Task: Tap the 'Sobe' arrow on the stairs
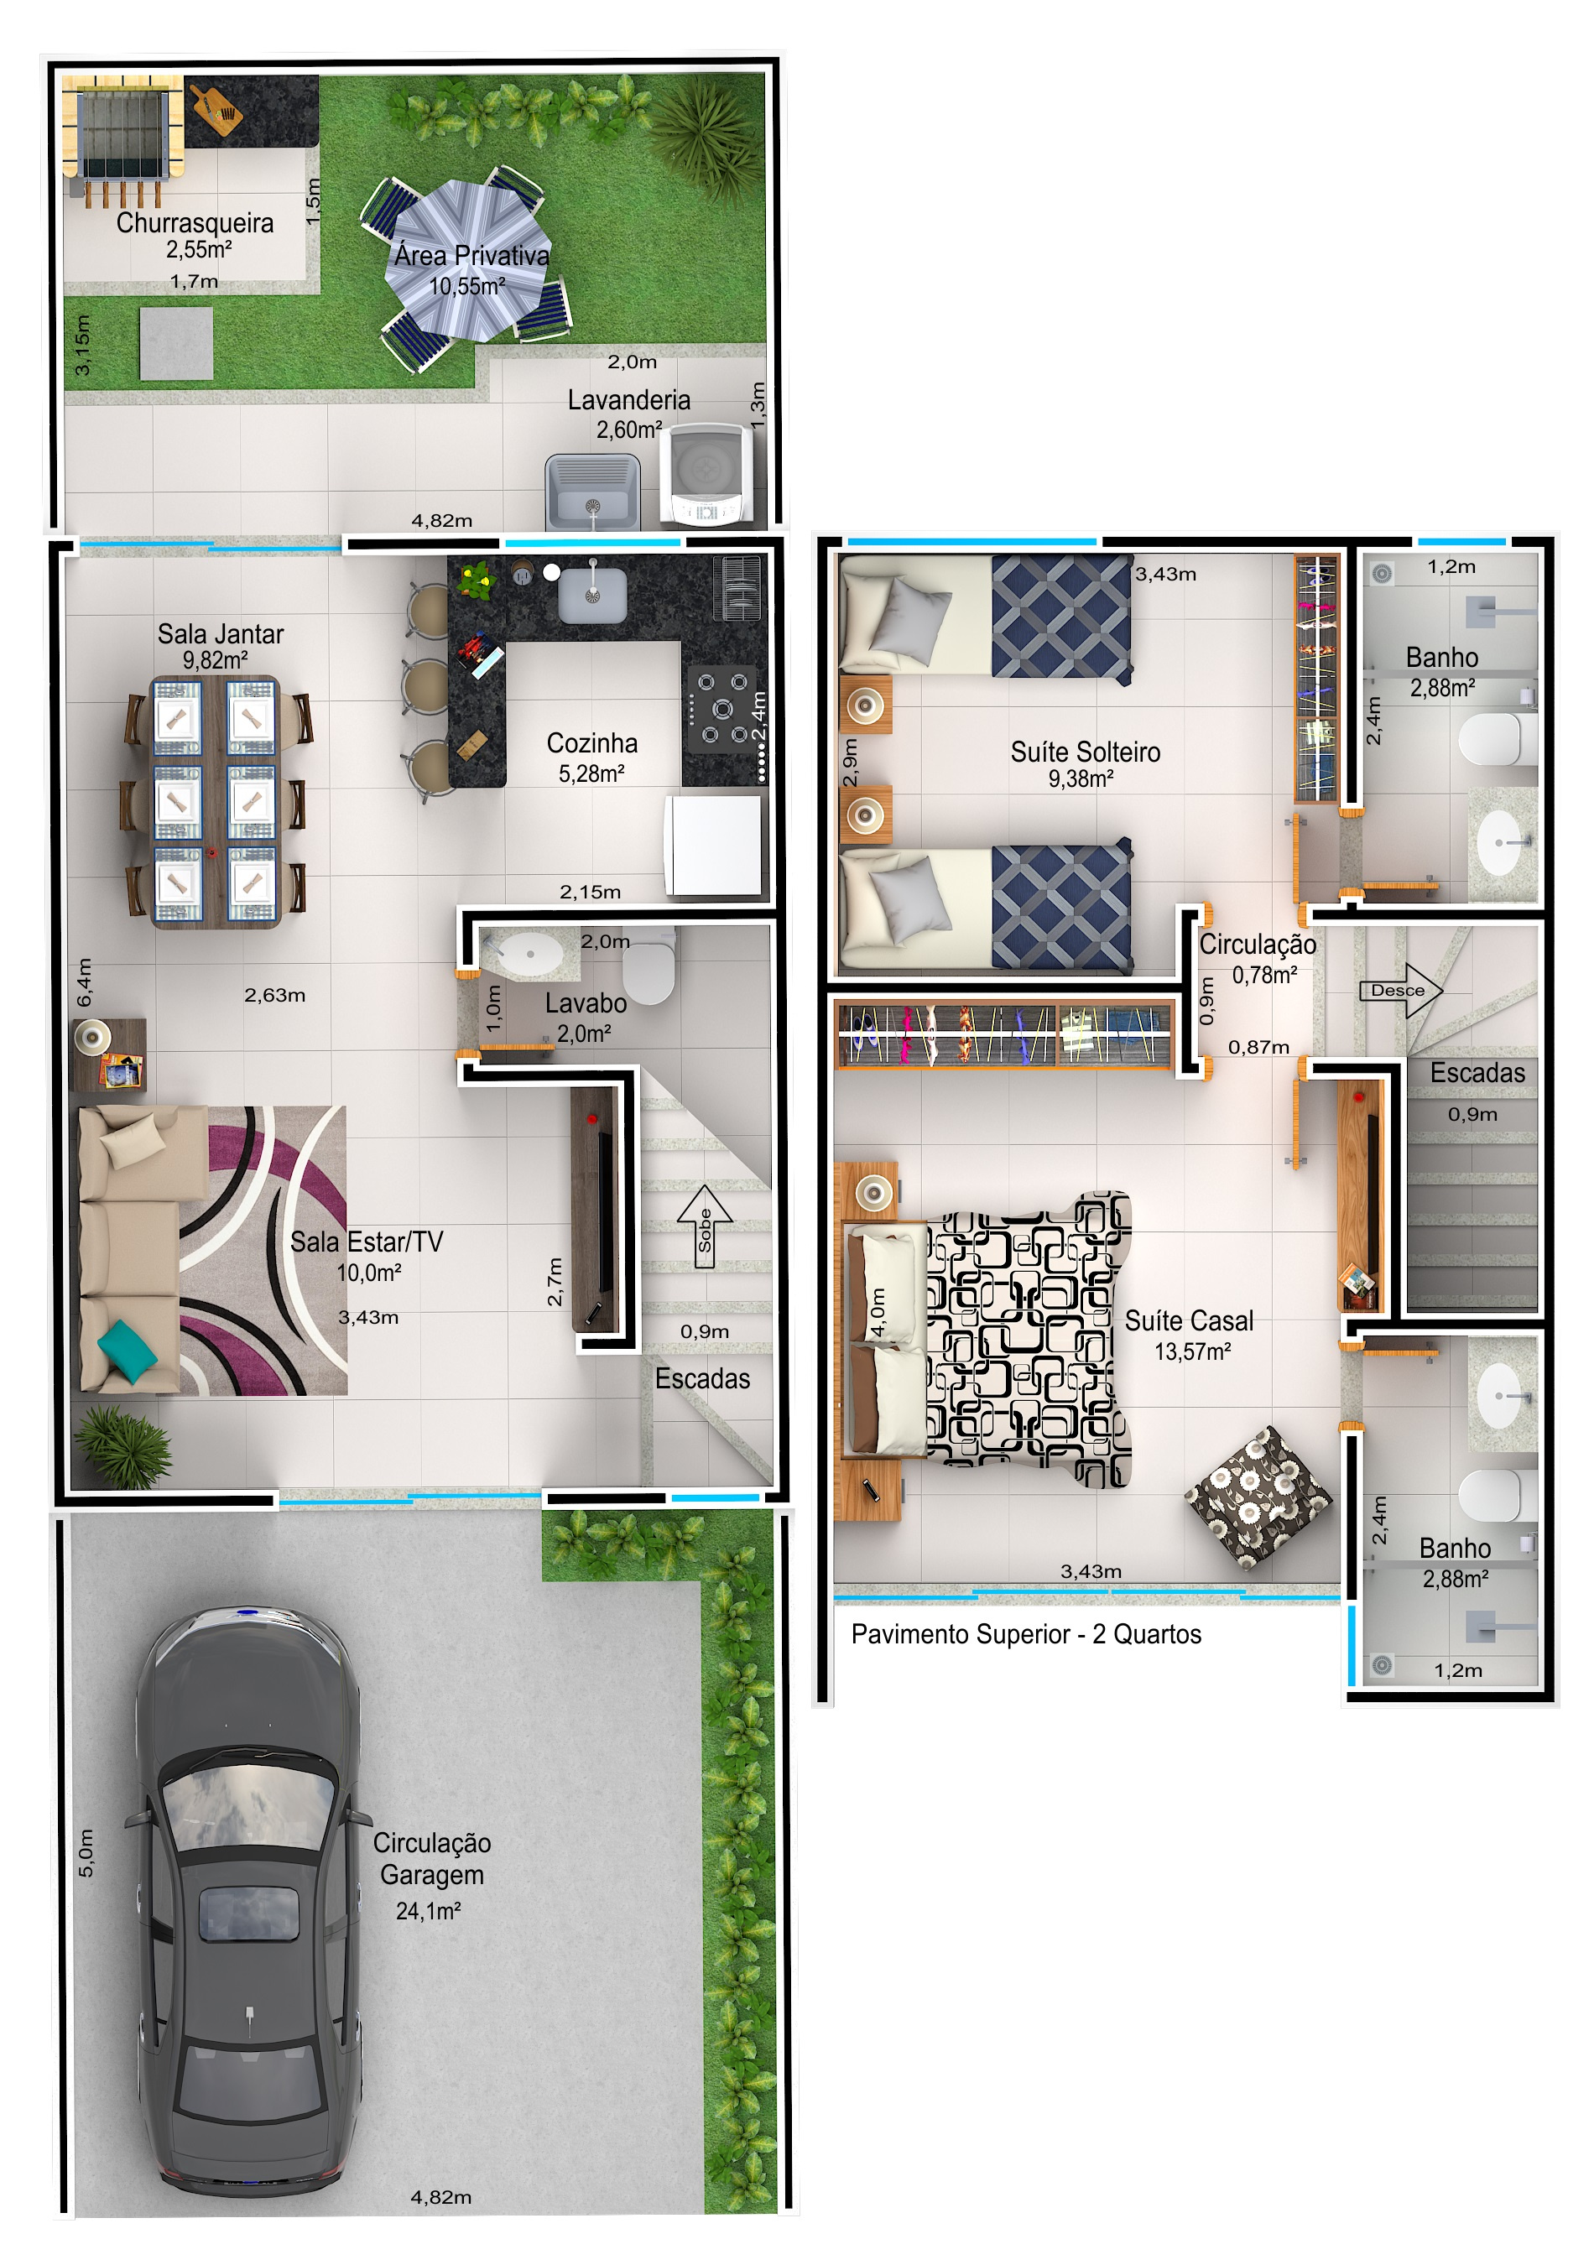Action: tap(704, 1226)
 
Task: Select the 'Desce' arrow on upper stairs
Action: tap(1401, 991)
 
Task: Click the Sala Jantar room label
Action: tap(220, 633)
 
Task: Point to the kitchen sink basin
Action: tap(591, 595)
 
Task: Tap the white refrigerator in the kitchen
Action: tap(715, 845)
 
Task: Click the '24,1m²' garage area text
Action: tap(428, 1911)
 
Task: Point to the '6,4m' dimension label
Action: tap(85, 982)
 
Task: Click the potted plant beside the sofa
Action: tap(123, 1446)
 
